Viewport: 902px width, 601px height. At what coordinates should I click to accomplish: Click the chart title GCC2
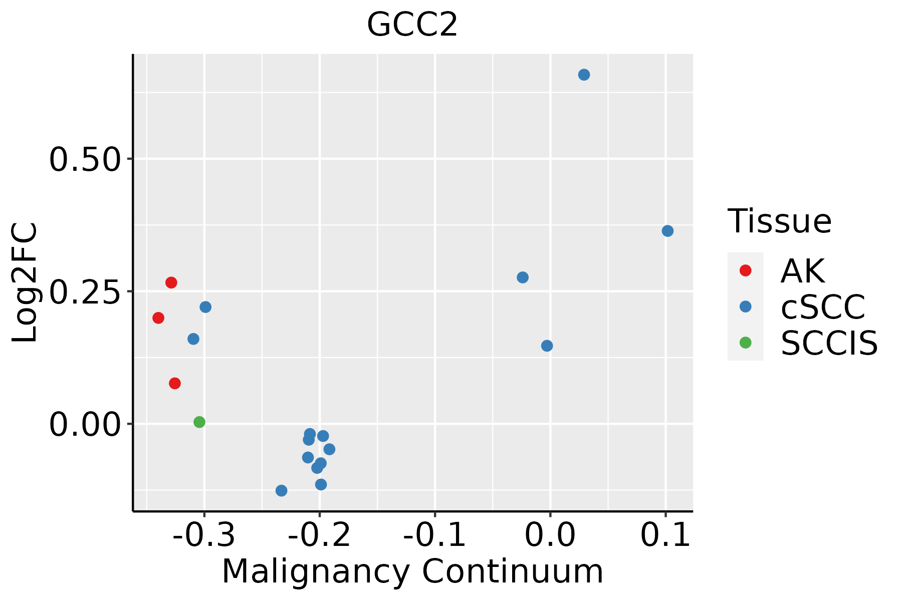coord(412,25)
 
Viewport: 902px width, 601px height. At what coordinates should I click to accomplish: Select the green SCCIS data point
coord(199,422)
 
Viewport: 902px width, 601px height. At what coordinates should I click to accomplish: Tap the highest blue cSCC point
coord(584,75)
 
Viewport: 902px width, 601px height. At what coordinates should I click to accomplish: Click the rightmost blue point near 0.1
coord(667,231)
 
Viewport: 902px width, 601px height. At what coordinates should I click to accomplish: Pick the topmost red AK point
coord(171,282)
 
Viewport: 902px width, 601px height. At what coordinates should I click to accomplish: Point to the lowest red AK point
coord(175,384)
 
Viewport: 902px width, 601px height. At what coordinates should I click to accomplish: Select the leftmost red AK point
coord(158,318)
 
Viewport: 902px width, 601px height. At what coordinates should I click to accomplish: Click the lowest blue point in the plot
coord(282,490)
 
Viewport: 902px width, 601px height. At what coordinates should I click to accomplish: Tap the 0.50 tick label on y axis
coord(85,160)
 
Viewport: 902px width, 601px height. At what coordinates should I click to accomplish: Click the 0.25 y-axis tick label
coord(85,292)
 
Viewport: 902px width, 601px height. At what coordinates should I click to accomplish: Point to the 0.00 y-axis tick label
coord(85,425)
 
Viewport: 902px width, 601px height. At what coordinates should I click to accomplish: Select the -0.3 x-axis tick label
coord(204,535)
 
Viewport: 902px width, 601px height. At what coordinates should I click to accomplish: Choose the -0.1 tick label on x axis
coord(434,535)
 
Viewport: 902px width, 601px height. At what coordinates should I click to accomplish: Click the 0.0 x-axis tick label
coord(550,535)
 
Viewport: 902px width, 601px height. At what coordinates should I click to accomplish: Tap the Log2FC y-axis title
coord(25,283)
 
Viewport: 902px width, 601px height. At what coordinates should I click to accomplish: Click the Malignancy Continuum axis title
coord(412,571)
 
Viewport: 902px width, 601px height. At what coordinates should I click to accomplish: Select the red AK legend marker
coord(745,270)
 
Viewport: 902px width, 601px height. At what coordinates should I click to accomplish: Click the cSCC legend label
coord(823,307)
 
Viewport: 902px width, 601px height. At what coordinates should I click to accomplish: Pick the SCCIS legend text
coord(829,344)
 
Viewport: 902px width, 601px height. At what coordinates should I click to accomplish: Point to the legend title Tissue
coord(779,221)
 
